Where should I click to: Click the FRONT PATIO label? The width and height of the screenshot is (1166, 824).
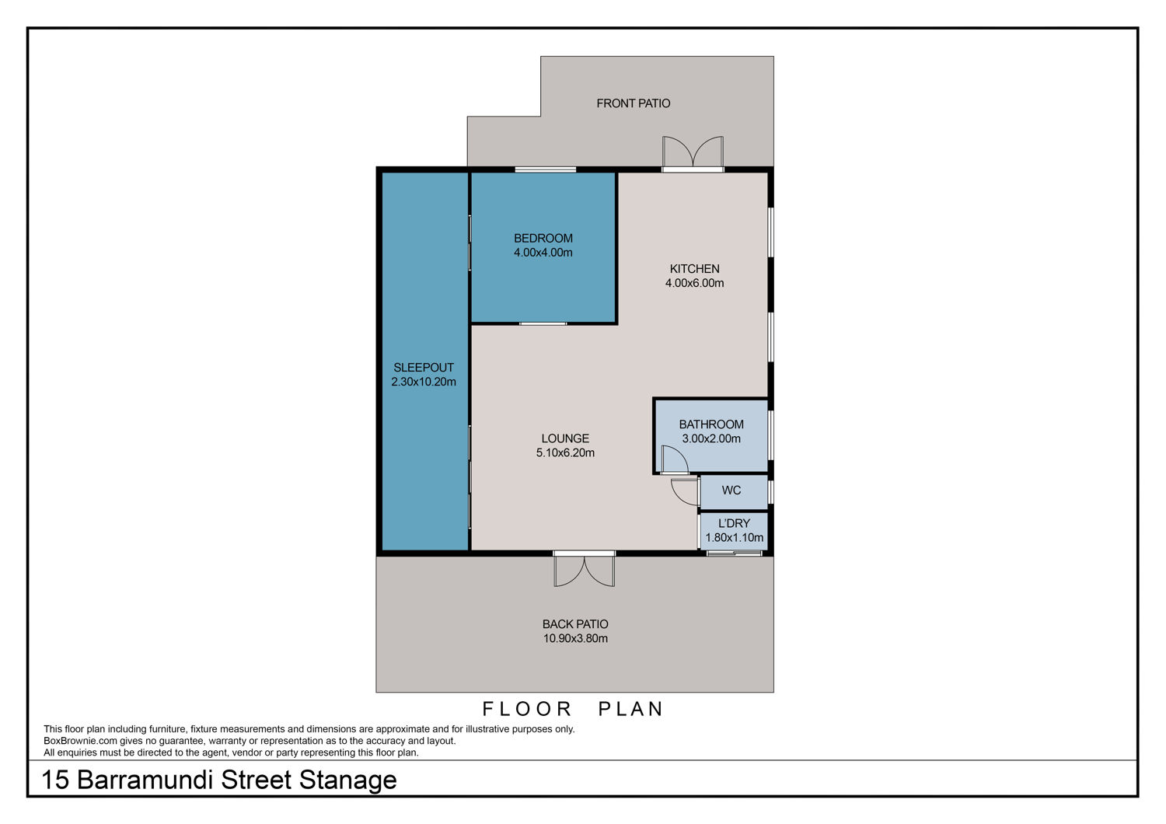tap(633, 103)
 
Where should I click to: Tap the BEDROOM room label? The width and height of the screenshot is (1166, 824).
tap(543, 239)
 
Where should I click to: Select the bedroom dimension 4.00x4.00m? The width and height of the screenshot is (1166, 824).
tap(543, 253)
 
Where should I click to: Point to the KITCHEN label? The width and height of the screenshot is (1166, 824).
tap(694, 269)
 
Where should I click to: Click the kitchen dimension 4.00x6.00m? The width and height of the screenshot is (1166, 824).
tap(694, 283)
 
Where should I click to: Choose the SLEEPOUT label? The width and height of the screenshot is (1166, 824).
tap(423, 368)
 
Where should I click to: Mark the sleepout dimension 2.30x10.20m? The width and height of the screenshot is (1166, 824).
tap(423, 382)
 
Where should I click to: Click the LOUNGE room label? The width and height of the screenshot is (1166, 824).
tap(565, 438)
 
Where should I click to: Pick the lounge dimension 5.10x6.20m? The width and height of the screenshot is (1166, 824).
tap(565, 453)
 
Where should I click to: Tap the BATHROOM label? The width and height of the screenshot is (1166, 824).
tap(711, 424)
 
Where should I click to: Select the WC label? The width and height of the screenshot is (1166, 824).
tap(731, 491)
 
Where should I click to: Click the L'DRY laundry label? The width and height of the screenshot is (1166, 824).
tap(734, 524)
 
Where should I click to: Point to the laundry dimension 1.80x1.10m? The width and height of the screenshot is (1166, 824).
tap(734, 538)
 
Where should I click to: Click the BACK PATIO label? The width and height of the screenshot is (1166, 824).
tap(575, 624)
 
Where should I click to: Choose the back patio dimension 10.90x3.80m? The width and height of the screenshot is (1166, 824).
tap(575, 638)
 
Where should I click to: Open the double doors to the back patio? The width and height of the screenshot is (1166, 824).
tap(584, 569)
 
